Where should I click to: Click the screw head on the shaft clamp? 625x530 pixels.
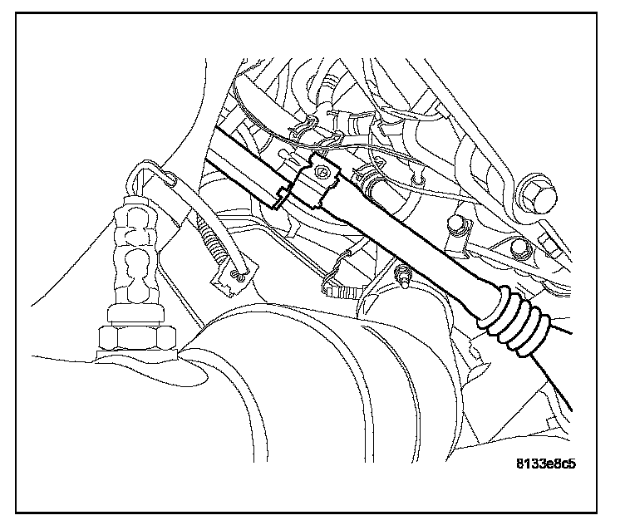click(x=322, y=171)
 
